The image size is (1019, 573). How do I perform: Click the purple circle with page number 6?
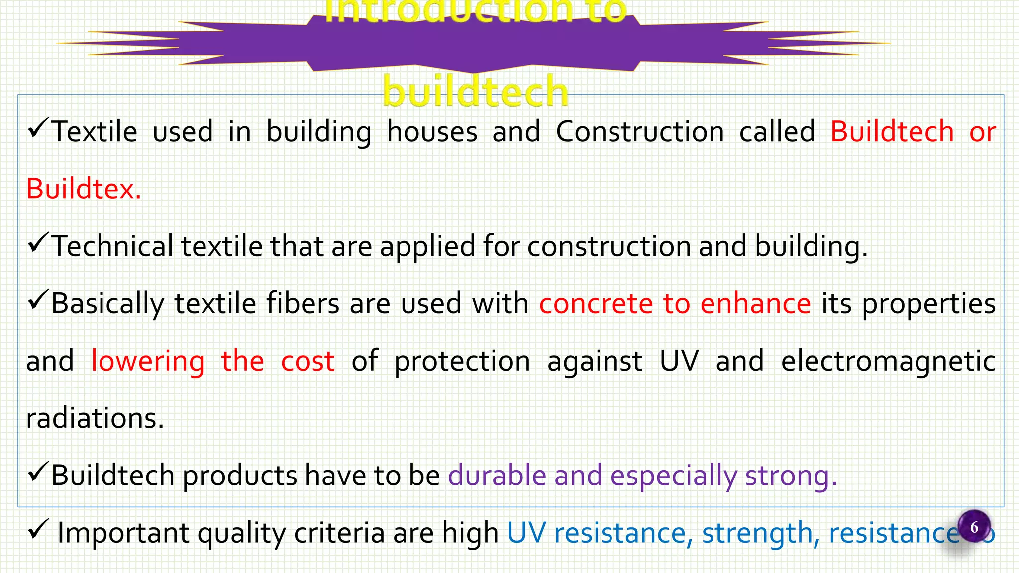[x=974, y=527]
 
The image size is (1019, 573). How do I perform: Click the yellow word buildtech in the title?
[x=475, y=92]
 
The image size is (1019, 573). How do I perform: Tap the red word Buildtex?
[x=84, y=190]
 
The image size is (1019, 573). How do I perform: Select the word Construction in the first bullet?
[x=640, y=132]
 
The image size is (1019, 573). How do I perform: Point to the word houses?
[x=432, y=132]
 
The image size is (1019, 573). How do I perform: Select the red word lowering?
[x=148, y=362]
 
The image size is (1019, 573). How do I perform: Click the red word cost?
[x=307, y=362]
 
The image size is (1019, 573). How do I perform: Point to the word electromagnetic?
[x=888, y=362]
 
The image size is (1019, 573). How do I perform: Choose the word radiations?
[x=95, y=418]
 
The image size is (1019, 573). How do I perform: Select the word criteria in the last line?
[x=339, y=533]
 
